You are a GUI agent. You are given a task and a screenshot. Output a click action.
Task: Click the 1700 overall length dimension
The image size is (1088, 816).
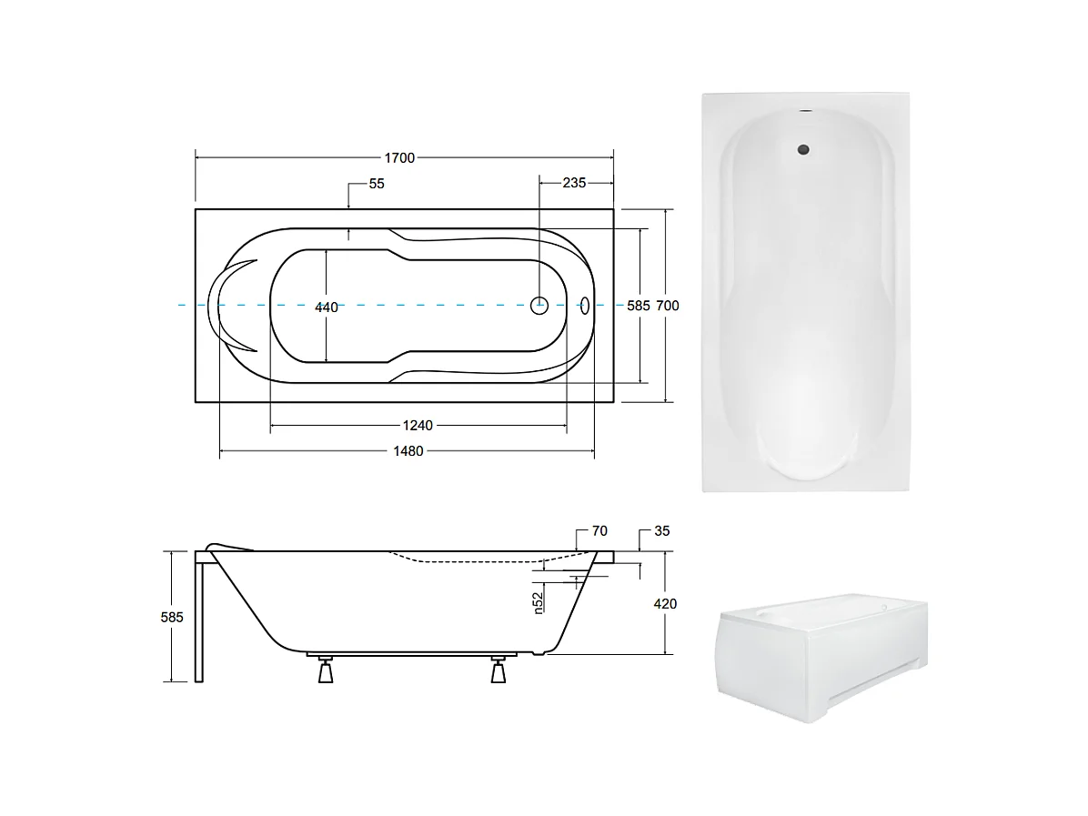click(x=399, y=158)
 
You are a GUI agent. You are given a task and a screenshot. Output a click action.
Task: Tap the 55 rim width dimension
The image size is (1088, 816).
click(x=376, y=184)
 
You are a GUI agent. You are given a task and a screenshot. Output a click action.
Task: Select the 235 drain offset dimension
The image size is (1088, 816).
click(x=574, y=183)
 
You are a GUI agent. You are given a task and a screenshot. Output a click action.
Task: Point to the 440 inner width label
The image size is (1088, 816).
click(x=326, y=307)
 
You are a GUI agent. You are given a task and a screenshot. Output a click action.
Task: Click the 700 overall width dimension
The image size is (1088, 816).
click(x=668, y=306)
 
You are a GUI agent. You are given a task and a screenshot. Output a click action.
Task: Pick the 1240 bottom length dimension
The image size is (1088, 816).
click(x=418, y=426)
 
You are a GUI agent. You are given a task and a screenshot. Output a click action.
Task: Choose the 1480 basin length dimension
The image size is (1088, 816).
click(x=408, y=451)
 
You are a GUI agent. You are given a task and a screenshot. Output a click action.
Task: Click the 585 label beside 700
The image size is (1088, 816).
click(x=639, y=306)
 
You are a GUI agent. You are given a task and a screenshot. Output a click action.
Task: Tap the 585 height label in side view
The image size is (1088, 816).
click(x=172, y=617)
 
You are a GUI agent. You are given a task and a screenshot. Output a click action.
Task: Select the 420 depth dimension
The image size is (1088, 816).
click(x=665, y=604)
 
